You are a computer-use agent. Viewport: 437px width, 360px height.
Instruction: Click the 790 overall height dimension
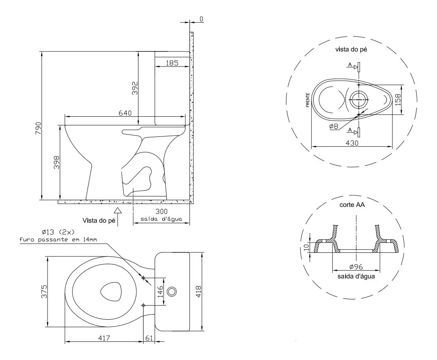pyautogui.click(x=38, y=128)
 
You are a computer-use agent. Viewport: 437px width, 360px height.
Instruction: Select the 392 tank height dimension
pyautogui.click(x=135, y=88)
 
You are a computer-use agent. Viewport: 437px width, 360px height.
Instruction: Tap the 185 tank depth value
pyautogui.click(x=172, y=63)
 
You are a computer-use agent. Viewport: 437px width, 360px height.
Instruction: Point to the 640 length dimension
pyautogui.click(x=125, y=113)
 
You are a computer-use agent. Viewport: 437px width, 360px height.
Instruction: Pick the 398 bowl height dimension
pyautogui.click(x=57, y=162)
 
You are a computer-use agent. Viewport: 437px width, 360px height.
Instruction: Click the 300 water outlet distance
pyautogui.click(x=161, y=211)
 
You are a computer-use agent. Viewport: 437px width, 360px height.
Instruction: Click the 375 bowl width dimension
pyautogui.click(x=44, y=292)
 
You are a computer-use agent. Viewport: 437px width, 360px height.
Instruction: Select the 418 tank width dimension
pyautogui.click(x=199, y=292)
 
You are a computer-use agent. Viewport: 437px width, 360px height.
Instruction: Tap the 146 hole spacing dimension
pyautogui.click(x=160, y=292)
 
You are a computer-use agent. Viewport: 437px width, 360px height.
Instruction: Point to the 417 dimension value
pyautogui.click(x=104, y=338)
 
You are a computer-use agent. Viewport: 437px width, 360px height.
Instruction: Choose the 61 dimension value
pyautogui.click(x=149, y=338)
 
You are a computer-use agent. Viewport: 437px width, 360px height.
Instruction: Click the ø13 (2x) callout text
pyautogui.click(x=58, y=232)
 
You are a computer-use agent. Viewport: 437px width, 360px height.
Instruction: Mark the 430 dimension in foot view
pyautogui.click(x=352, y=143)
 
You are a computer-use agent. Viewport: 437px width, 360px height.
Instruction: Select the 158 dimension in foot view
pyautogui.click(x=398, y=100)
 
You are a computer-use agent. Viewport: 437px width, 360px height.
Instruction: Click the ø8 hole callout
pyautogui.click(x=334, y=126)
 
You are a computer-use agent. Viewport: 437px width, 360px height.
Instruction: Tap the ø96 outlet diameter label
pyautogui.click(x=356, y=267)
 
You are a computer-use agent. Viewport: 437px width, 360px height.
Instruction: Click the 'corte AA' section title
pyautogui.click(x=352, y=205)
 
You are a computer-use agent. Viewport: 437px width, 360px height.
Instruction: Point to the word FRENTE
pyautogui.click(x=308, y=100)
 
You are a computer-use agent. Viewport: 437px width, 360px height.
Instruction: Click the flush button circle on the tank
pyautogui.click(x=172, y=292)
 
